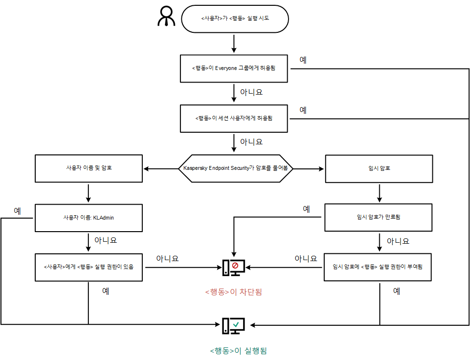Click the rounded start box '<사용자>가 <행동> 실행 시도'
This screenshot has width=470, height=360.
tap(235, 19)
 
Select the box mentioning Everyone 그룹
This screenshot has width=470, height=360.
tap(235, 68)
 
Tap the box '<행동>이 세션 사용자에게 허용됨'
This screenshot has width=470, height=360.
tap(235, 118)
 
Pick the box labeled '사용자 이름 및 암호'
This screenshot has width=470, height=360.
tap(89, 168)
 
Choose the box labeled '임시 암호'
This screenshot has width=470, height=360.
tap(378, 168)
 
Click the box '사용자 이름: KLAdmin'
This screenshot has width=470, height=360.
tap(89, 218)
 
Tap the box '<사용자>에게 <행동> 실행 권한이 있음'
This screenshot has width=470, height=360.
tap(89, 267)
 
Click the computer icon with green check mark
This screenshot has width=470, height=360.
tap(234, 326)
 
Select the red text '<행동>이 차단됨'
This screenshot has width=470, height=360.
tap(234, 292)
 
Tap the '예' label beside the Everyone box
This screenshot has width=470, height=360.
tap(303, 60)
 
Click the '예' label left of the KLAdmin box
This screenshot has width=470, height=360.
tap(17, 211)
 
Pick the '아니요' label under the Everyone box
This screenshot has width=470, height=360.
tap(251, 92)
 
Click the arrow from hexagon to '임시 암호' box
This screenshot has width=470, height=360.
tap(308, 169)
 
